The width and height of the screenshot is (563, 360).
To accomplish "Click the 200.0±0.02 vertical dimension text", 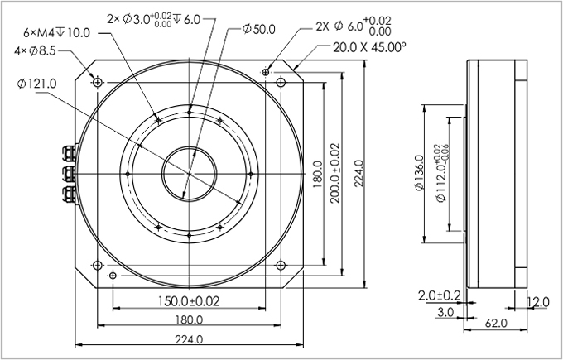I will tap(334, 175).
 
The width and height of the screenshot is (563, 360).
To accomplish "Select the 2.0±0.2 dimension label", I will tap(440, 295).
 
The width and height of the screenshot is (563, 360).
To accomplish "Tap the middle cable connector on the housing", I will tap(65, 173).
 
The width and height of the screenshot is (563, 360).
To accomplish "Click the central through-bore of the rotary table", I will tap(190, 175).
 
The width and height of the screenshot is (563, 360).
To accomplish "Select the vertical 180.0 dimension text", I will tap(318, 175).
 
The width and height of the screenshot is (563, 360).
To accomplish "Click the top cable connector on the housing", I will tap(65, 152).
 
